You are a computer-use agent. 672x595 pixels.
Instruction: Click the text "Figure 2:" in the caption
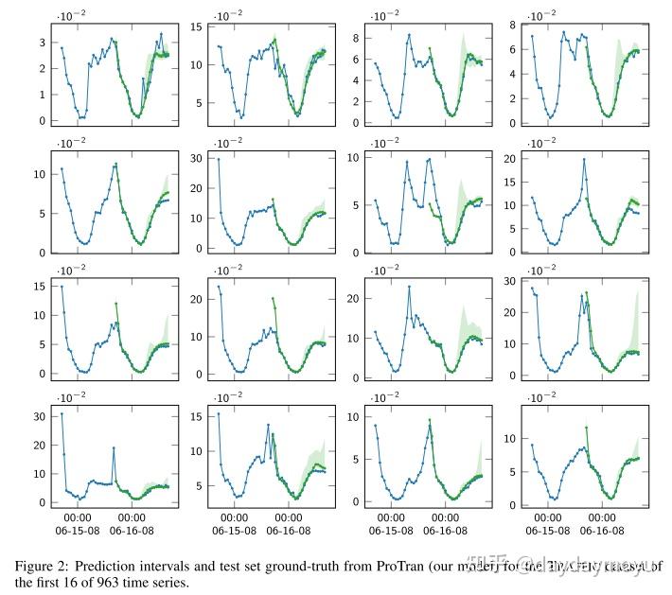click(44, 566)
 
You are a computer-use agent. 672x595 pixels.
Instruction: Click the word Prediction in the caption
click(108, 566)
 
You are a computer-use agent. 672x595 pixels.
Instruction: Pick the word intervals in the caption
click(168, 566)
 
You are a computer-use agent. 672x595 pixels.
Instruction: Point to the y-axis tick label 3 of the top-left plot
click(42, 43)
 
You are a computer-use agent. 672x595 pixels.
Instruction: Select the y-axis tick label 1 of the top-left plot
click(42, 95)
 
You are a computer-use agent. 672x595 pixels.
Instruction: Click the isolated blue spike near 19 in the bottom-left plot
click(114, 447)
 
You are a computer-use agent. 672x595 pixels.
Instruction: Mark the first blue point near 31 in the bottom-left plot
click(62, 413)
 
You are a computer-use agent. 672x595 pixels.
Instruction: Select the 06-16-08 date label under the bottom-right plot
click(602, 532)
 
